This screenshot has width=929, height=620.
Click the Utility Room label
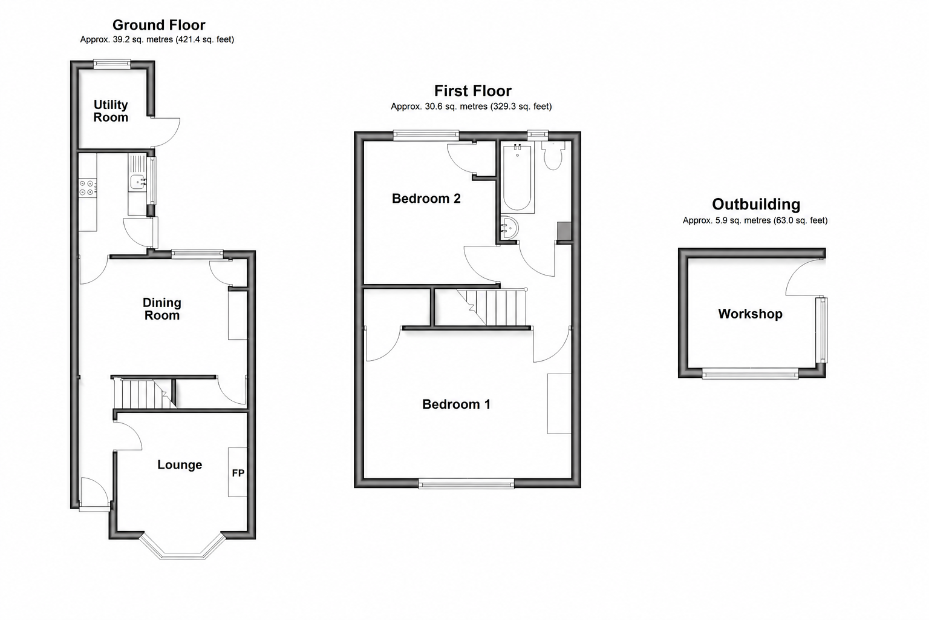click(111, 111)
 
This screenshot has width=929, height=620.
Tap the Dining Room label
click(161, 309)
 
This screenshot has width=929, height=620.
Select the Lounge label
click(180, 464)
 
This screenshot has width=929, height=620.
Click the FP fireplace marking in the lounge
click(238, 473)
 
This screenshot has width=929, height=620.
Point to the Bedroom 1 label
click(456, 404)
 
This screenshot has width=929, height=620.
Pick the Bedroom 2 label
click(426, 199)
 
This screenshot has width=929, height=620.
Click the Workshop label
click(750, 314)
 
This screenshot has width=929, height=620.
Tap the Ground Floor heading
click(159, 25)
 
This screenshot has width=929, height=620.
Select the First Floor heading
click(473, 91)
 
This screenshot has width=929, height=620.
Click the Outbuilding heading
click(756, 204)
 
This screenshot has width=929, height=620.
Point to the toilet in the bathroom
click(553, 156)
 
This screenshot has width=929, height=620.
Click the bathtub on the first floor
click(517, 178)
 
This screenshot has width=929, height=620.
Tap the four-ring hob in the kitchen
click(87, 187)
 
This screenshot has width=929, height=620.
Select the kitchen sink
click(137, 182)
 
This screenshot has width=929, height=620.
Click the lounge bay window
click(183, 547)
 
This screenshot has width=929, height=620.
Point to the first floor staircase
click(493, 308)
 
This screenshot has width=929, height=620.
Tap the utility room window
click(112, 64)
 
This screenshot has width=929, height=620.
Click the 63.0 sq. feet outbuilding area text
click(800, 220)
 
